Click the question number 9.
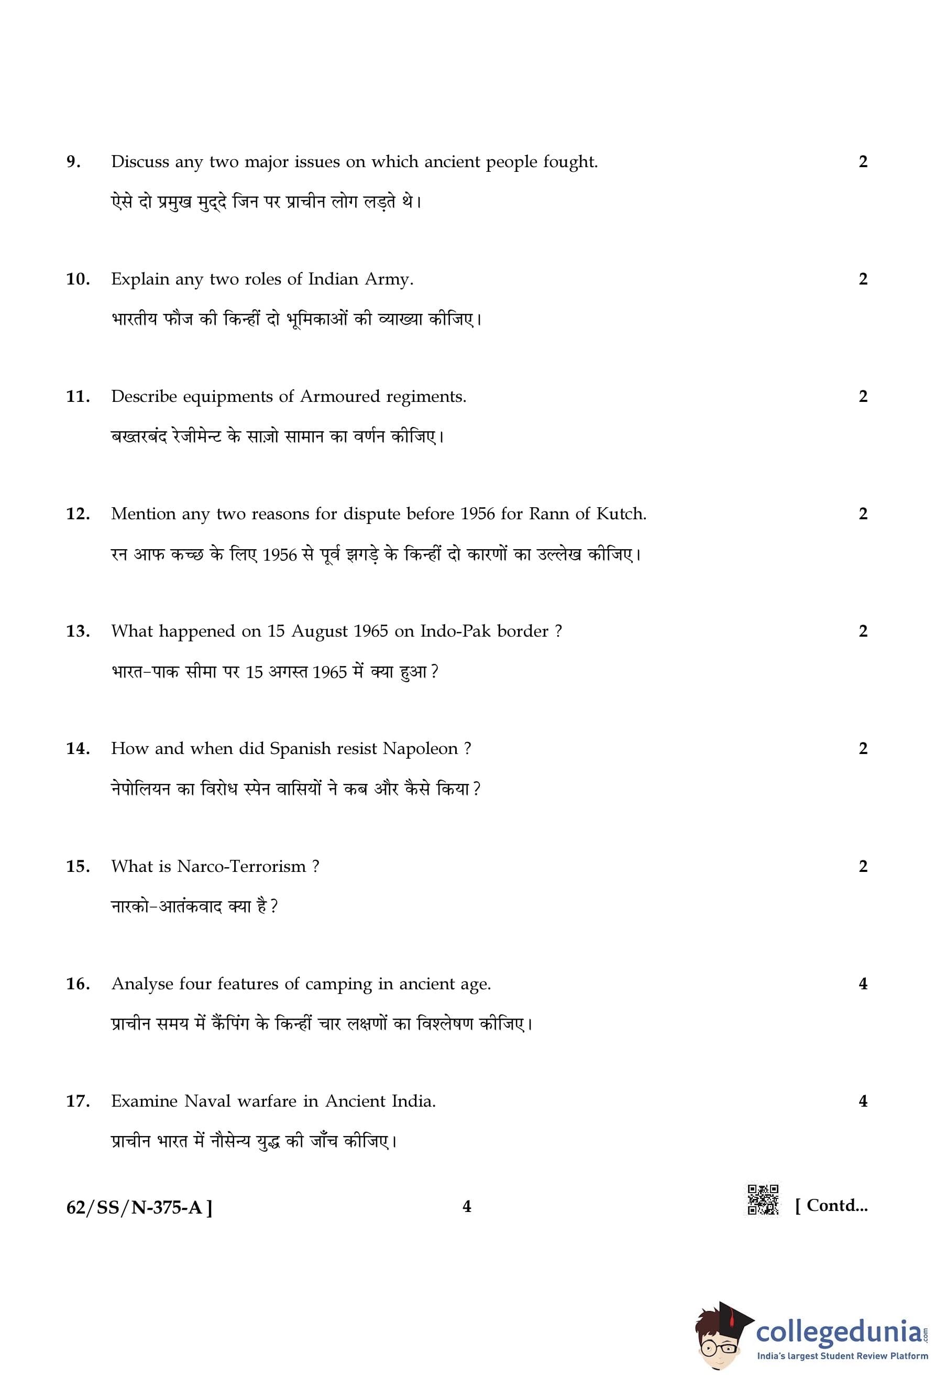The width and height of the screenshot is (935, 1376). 73,161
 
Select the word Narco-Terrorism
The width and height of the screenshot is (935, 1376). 241,866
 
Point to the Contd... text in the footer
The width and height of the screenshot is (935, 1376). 831,1206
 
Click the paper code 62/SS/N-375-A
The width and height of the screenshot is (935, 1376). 138,1207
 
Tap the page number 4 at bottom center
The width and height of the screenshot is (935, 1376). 467,1206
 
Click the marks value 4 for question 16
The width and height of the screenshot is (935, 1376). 863,984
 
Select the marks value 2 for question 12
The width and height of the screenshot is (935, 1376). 863,514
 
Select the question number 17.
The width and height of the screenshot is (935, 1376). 78,1101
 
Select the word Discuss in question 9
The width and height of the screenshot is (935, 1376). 140,161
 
